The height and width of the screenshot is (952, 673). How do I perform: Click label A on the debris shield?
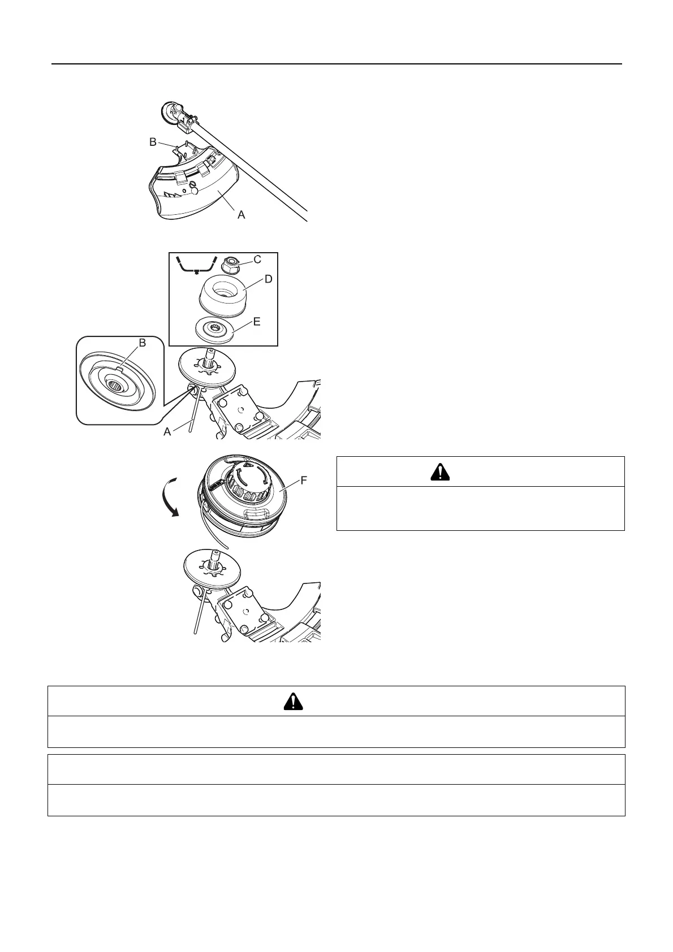(x=241, y=215)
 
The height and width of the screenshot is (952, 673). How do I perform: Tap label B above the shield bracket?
(x=153, y=142)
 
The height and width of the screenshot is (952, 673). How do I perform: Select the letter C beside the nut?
(x=257, y=259)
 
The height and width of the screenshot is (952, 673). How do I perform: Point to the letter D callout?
(x=268, y=279)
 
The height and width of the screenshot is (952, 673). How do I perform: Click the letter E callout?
(x=257, y=322)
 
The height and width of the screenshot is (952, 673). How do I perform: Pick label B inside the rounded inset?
(x=142, y=343)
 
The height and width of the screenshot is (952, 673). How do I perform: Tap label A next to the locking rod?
(x=167, y=431)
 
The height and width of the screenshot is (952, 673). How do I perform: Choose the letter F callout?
(x=304, y=481)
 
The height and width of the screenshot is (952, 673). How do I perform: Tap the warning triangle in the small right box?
(x=441, y=471)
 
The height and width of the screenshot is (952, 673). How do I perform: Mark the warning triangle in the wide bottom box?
(x=293, y=701)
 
